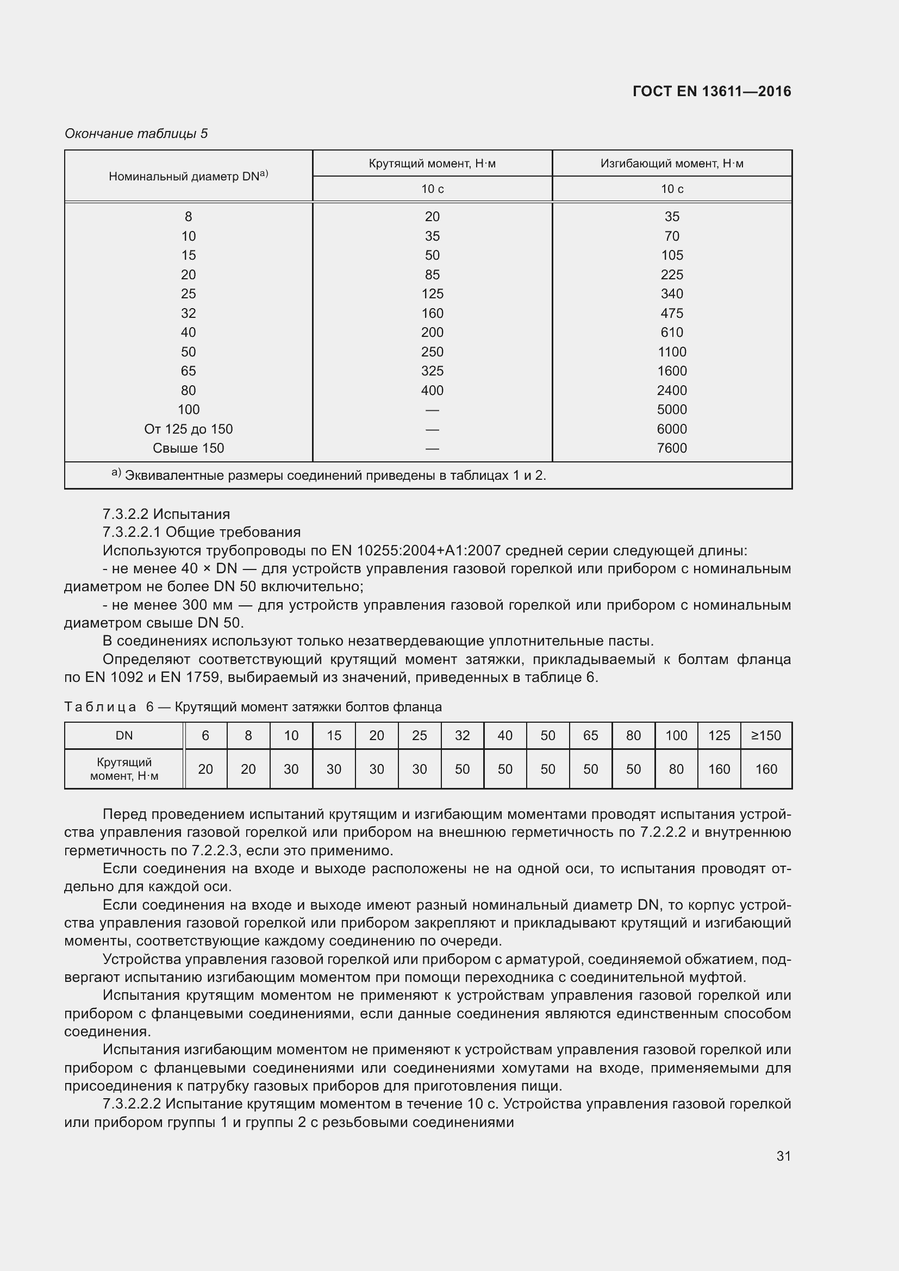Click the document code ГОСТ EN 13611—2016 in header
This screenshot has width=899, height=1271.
coord(711,91)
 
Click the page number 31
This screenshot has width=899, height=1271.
coord(783,1155)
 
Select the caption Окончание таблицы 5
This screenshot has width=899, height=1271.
coord(136,134)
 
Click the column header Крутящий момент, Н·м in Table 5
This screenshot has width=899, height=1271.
coord(432,164)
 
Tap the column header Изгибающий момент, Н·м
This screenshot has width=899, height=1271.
coord(671,164)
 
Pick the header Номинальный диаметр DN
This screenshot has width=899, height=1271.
coord(188,176)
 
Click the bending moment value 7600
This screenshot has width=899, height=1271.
coord(671,448)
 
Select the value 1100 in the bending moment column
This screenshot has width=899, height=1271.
coord(671,352)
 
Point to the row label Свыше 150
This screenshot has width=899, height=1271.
coord(188,448)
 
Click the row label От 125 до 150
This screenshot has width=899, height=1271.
coord(188,429)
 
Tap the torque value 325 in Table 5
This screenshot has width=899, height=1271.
coord(432,371)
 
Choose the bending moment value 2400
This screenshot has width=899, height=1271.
coord(671,390)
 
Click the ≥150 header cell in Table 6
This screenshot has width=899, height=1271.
coord(766,735)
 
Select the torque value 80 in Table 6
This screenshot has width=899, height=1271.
coord(676,769)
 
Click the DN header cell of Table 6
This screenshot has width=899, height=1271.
coord(124,735)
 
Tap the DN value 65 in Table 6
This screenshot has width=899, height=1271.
coord(591,735)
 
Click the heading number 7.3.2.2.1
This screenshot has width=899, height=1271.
coord(131,532)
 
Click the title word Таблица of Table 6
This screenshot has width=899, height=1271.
coord(100,707)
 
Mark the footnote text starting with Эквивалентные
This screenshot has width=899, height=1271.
coord(335,475)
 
